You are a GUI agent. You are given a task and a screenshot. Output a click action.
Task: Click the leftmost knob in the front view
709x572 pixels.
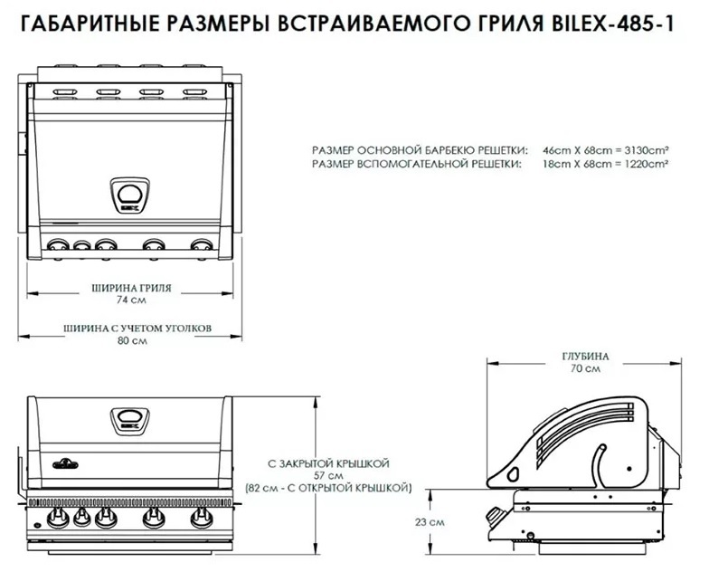tap(60, 519)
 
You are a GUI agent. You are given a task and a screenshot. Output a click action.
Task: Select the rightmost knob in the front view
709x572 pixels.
tap(201, 519)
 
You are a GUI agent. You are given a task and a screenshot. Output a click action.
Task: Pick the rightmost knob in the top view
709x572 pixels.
tap(201, 244)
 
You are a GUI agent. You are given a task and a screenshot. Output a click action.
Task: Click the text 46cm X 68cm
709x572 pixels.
tap(572, 149)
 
